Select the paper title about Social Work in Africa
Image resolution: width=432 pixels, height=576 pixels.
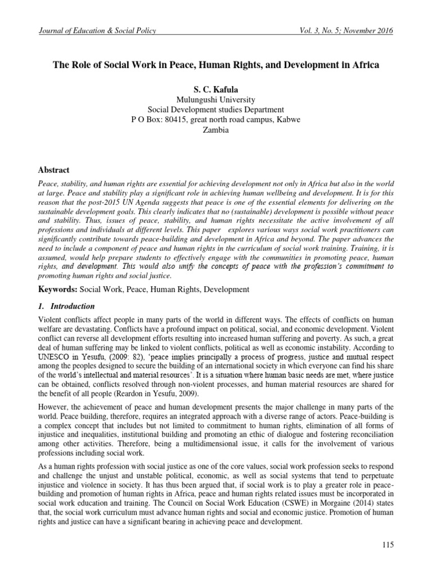(x=216, y=65)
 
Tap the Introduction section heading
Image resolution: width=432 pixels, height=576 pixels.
(x=73, y=307)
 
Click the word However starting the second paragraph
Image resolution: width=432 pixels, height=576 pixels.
(x=53, y=407)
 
